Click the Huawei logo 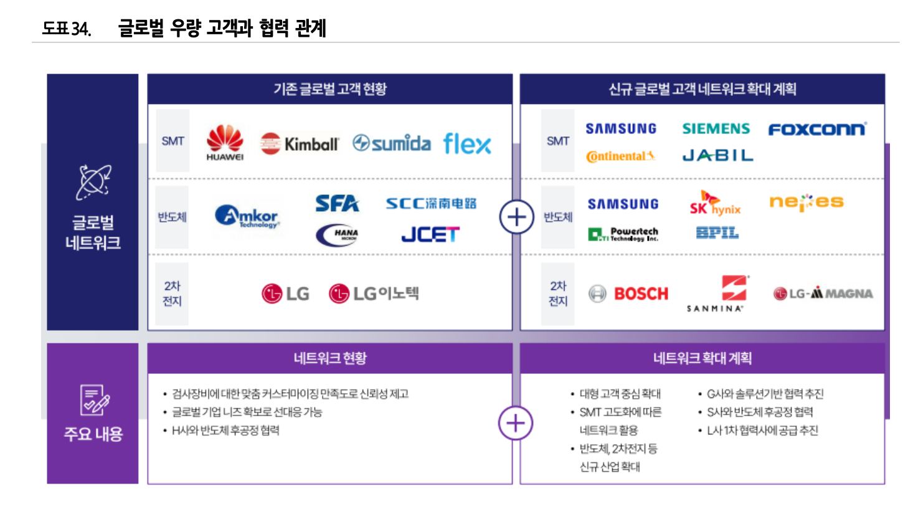[225, 142]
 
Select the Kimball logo [300, 144]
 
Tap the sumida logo [391, 143]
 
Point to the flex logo [467, 144]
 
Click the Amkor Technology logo [247, 217]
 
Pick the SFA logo [337, 203]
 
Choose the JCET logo [430, 234]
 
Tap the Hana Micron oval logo [337, 234]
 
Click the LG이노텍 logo [374, 293]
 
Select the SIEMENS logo [716, 129]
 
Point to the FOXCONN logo [817, 130]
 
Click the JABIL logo [717, 155]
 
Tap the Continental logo [620, 156]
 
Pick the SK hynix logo [714, 204]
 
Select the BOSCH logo [629, 294]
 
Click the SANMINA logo [716, 294]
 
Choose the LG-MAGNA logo [823, 294]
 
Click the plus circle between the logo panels [516, 217]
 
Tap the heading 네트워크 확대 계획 [702, 358]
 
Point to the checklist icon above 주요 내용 [93, 399]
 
